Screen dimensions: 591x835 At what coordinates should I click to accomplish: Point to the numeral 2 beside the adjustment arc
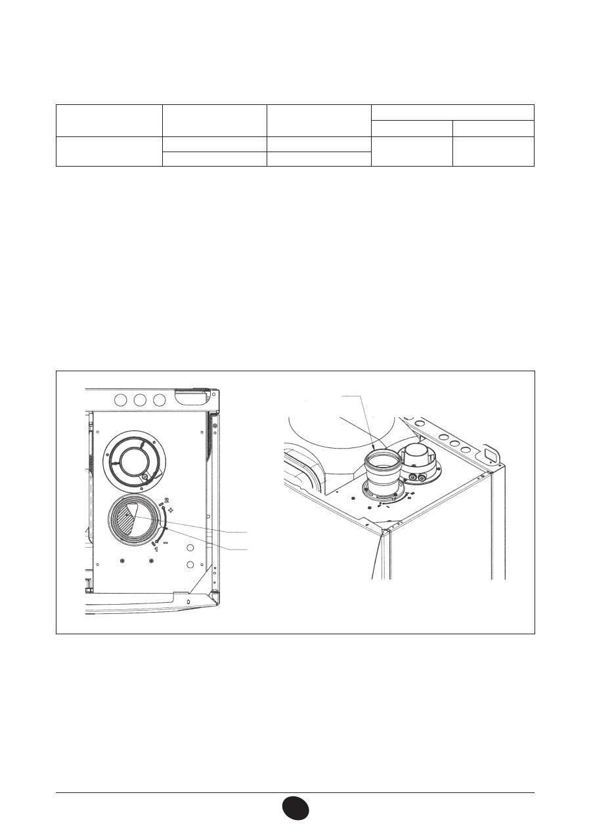click(x=166, y=500)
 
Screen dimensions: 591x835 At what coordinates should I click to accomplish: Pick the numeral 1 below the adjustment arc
click(x=156, y=550)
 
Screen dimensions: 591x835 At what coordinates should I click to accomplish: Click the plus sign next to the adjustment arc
click(x=171, y=510)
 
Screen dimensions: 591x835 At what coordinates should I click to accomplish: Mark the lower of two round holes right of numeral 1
click(x=189, y=564)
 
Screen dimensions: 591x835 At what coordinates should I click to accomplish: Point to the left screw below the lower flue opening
click(x=123, y=561)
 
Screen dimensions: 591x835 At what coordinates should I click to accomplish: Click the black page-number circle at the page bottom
click(x=295, y=807)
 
